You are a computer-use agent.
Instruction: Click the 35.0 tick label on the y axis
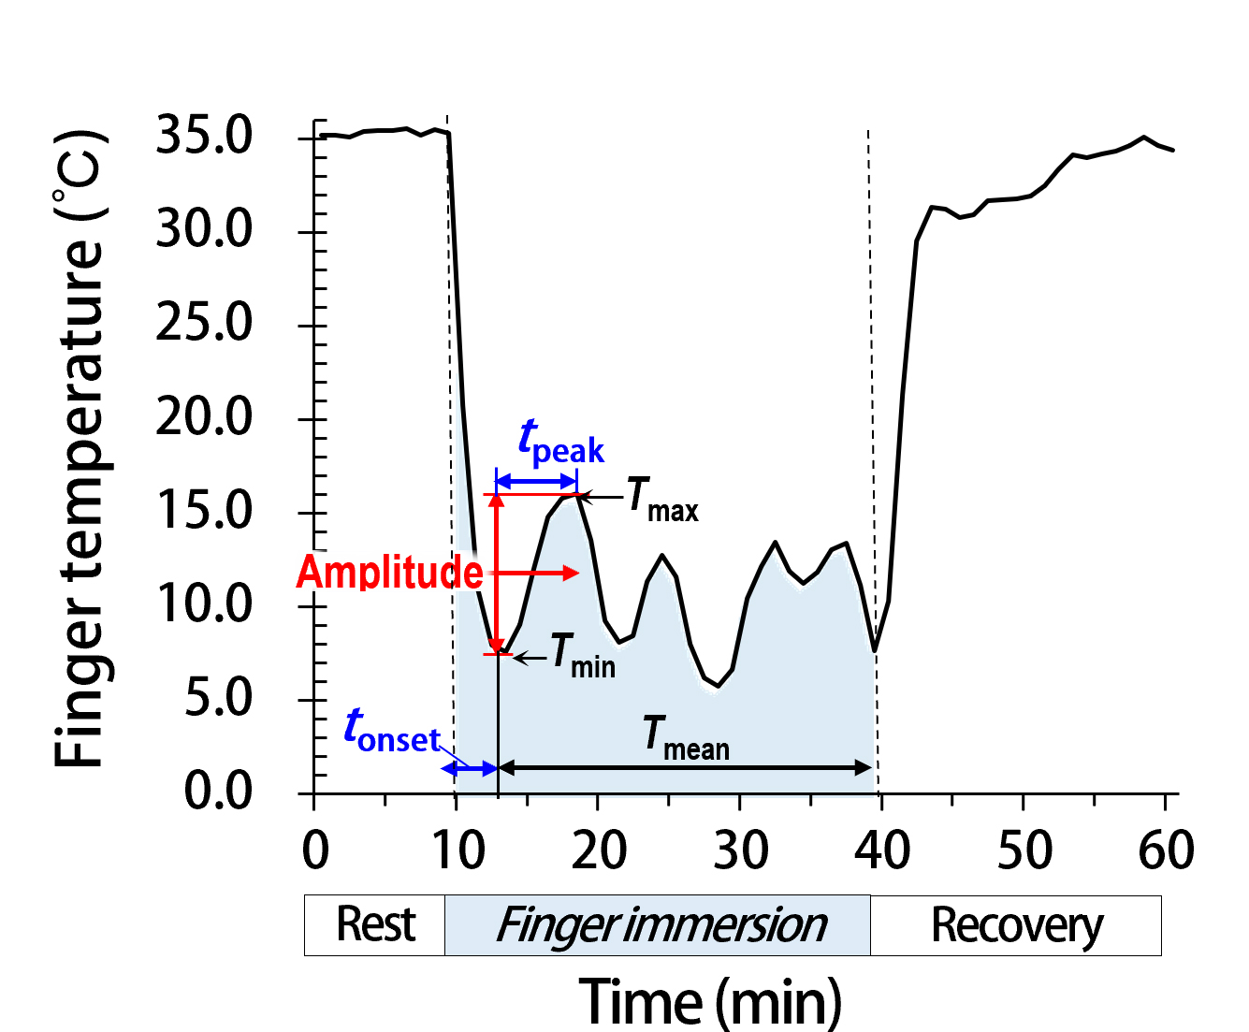coord(204,136)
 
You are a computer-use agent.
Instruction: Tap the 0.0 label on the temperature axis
coord(218,792)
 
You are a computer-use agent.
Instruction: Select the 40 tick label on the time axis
coord(882,850)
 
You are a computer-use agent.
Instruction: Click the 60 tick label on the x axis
coord(1166,850)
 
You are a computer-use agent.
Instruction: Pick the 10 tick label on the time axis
coord(458,850)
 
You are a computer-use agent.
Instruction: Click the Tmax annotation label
coord(661,498)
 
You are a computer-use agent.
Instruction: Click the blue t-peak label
coord(560,442)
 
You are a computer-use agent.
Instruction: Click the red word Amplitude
coord(389,573)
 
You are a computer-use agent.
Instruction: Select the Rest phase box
coord(374,925)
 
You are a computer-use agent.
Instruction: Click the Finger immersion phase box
coord(658,925)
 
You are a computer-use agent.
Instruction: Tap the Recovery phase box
coord(1016,925)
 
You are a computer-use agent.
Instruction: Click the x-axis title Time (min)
coord(710,1000)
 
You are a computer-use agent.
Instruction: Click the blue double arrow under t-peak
coord(536,481)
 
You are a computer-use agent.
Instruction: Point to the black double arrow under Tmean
coord(685,768)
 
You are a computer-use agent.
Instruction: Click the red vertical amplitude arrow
coord(497,573)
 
